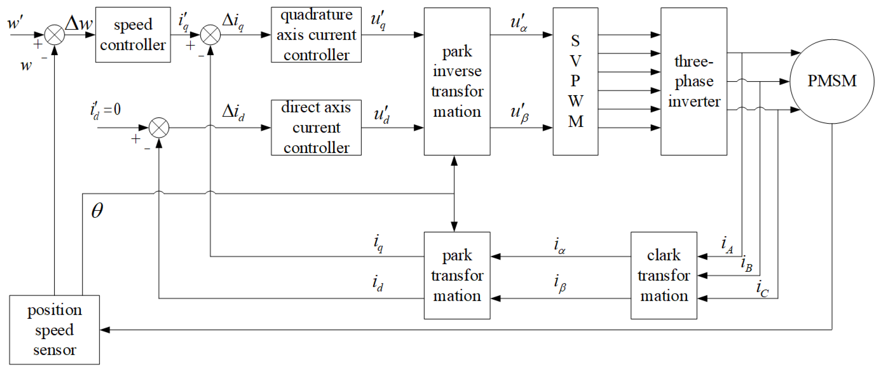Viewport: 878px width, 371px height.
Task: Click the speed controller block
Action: [x=133, y=35]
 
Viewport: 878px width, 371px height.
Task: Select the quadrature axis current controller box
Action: [x=316, y=35]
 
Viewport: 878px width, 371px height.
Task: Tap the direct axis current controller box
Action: [x=316, y=128]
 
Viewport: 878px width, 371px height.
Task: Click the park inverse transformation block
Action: [x=457, y=82]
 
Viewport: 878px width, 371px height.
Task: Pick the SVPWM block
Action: [x=575, y=82]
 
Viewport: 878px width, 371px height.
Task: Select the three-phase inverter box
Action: [x=694, y=82]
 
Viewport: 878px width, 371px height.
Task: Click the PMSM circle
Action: [x=832, y=81]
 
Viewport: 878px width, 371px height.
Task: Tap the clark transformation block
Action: [x=664, y=275]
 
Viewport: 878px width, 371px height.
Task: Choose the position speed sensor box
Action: [x=55, y=330]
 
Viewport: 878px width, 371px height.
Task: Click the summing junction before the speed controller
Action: [x=55, y=35]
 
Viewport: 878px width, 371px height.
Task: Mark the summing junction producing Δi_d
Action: [x=159, y=128]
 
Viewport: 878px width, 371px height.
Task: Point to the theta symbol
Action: [x=97, y=210]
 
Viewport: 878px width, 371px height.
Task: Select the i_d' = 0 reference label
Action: [x=106, y=110]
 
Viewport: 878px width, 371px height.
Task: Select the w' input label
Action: [x=15, y=23]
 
